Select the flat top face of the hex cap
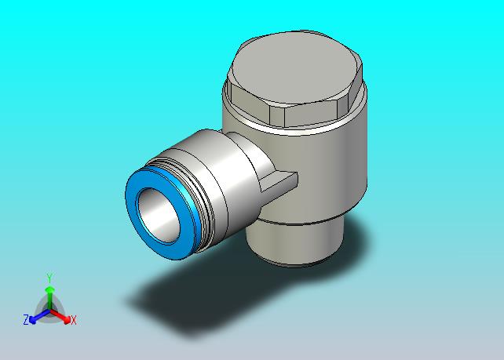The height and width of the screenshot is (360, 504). point(294,67)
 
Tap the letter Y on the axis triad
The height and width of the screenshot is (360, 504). point(49,278)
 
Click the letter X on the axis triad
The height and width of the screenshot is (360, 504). point(74,320)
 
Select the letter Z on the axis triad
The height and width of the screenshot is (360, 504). point(26,320)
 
